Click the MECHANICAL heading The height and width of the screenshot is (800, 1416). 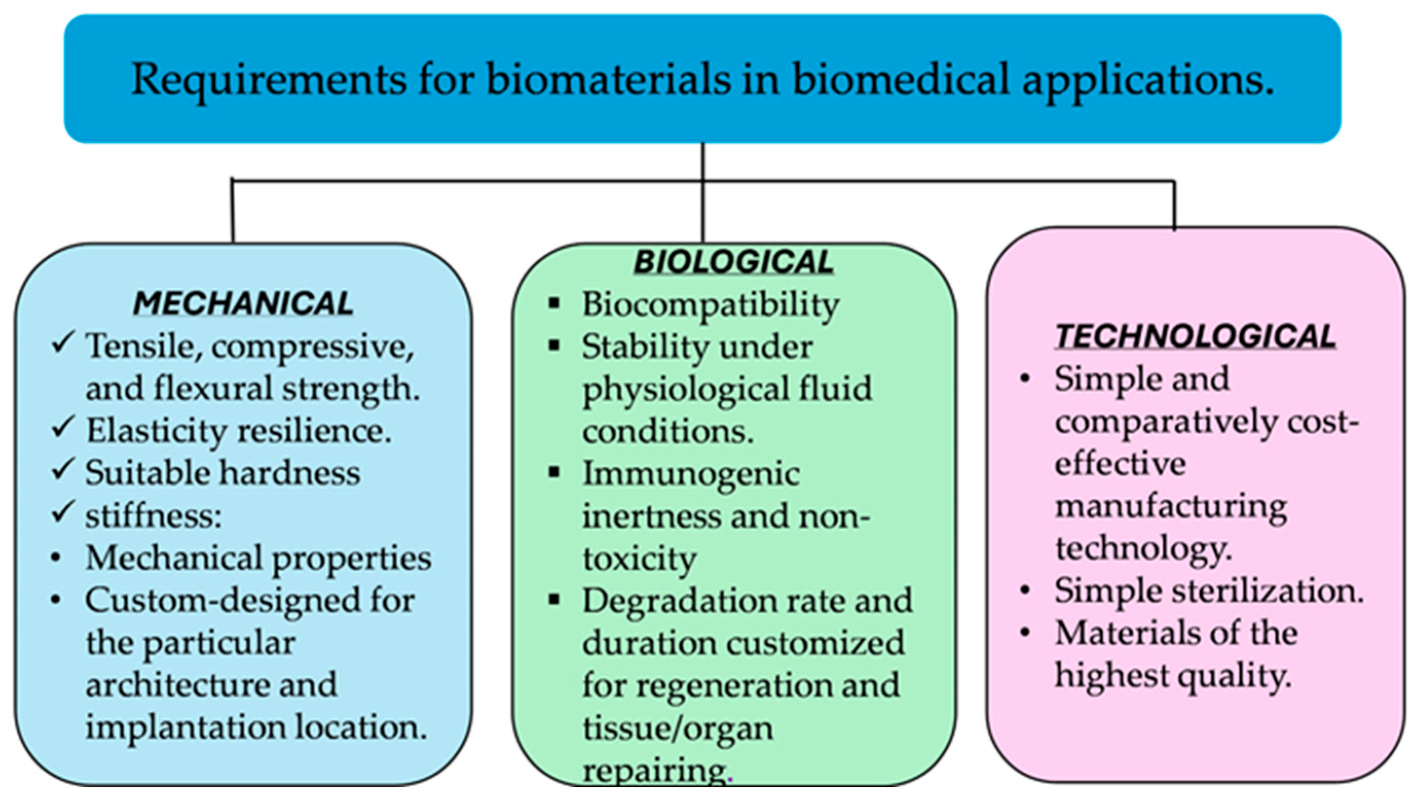coord(243,303)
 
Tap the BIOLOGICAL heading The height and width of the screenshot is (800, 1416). coord(734,262)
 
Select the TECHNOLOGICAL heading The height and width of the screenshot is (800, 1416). coord(1196,336)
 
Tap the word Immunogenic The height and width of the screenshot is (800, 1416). coord(691,474)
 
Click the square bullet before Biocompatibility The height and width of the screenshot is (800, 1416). coord(554,303)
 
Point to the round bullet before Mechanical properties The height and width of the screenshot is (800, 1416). coord(56,557)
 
